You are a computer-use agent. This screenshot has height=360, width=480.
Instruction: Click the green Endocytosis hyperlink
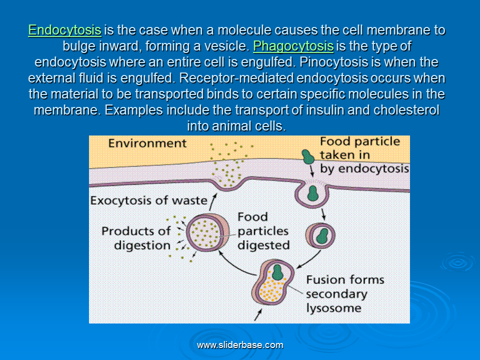(64, 30)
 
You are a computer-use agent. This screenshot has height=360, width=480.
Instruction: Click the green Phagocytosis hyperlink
(293, 46)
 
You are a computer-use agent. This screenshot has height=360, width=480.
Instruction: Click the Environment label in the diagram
(147, 143)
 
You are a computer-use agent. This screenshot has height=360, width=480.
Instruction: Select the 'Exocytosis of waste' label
(149, 200)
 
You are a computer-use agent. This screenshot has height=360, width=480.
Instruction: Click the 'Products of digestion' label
(136, 238)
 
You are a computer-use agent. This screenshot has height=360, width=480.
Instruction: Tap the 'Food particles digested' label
(263, 231)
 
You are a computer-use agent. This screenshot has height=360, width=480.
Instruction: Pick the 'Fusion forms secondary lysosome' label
(345, 294)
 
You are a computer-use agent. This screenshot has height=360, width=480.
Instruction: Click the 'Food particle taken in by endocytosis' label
(364, 155)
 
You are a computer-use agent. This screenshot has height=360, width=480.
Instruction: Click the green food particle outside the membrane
(307, 156)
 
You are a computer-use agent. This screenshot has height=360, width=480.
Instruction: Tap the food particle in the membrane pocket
(312, 193)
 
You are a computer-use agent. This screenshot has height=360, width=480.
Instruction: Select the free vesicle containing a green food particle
(320, 235)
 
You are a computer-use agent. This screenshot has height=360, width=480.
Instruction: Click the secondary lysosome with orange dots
(272, 282)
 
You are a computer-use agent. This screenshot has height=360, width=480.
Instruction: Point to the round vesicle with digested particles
(207, 232)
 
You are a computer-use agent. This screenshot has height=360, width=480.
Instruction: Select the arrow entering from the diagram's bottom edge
(258, 314)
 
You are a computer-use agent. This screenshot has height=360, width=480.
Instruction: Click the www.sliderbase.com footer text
(240, 345)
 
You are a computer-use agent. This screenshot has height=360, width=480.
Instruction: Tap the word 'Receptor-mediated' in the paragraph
(236, 78)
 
